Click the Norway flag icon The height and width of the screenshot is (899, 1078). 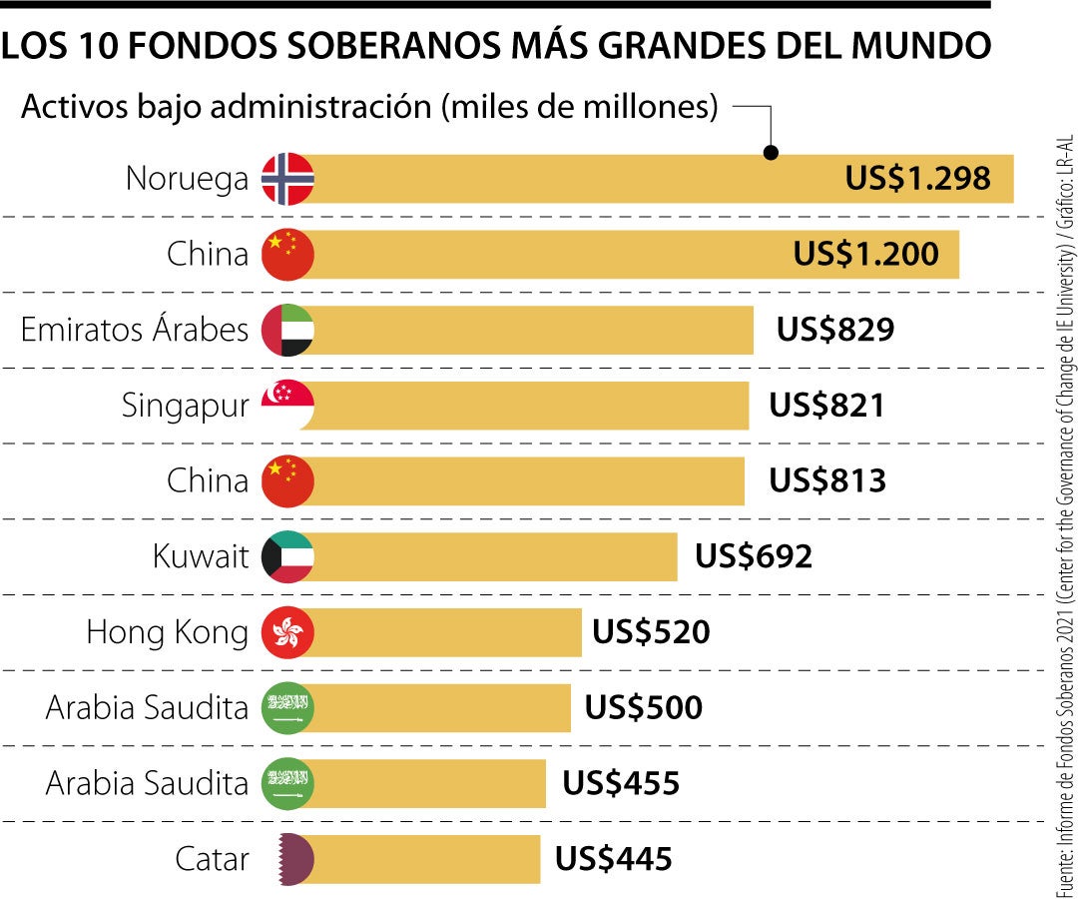coord(287,180)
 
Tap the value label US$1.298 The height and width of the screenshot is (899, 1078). coord(917,179)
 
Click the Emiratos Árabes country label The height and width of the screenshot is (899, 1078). coord(135,330)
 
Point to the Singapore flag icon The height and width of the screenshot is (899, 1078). coord(287,406)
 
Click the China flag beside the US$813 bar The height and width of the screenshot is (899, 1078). coord(287,480)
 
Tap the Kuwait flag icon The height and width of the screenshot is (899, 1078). coord(287,556)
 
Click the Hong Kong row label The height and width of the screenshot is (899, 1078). coord(167,632)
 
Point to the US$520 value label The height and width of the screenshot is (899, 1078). coord(651,632)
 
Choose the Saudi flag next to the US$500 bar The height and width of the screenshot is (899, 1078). coord(287,707)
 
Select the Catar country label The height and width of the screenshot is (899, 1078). coord(211,858)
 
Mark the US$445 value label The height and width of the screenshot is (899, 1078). coord(613,858)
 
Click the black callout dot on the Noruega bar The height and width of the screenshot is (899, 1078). coord(771,153)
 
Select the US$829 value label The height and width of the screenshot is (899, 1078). coord(834,330)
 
